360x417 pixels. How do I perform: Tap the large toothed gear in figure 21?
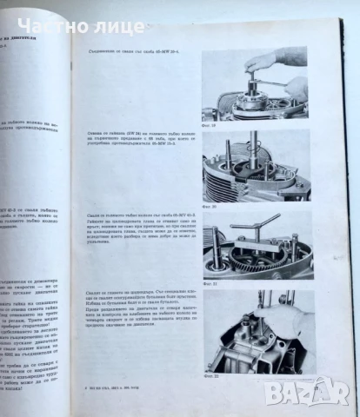[x=252, y=261]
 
